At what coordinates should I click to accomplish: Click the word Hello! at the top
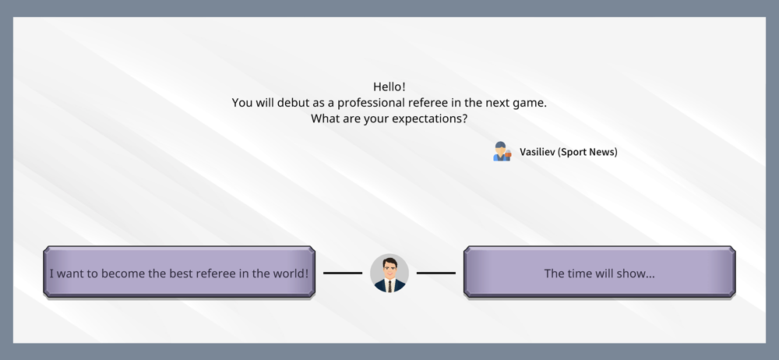389,86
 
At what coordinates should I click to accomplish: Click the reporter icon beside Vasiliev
502,152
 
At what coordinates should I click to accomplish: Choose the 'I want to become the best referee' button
179,272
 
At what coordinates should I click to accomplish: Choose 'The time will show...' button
599,272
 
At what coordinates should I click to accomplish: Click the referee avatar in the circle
389,273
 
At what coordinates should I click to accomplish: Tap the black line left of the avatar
343,273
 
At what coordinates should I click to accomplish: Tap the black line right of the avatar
435,273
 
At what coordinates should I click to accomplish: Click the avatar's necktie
389,286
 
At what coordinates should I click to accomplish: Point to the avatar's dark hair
389,262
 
